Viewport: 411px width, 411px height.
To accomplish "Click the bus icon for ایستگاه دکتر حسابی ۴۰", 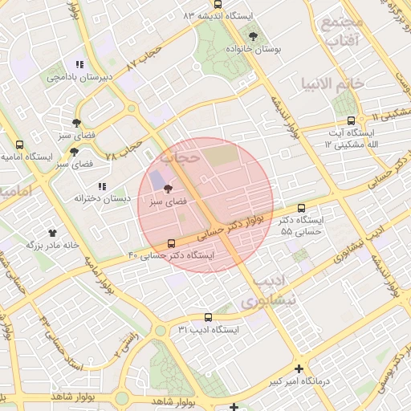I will coord(171,243).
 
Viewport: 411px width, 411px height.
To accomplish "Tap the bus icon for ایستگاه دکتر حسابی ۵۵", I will coord(301,207).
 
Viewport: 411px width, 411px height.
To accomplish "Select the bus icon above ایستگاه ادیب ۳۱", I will coord(209,317).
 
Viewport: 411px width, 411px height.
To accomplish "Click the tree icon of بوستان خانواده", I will coord(254,36).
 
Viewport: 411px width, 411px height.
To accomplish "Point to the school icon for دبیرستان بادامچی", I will coord(78,64).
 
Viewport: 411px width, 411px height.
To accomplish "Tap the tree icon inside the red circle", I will coord(167,189).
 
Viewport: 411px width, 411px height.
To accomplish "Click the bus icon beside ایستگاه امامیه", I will coord(19,144).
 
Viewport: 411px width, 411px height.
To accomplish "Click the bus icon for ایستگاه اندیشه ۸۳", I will coord(218,3).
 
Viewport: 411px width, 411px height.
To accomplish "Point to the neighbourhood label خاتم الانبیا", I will coord(332,83).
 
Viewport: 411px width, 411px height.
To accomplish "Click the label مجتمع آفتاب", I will coord(342,31).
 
